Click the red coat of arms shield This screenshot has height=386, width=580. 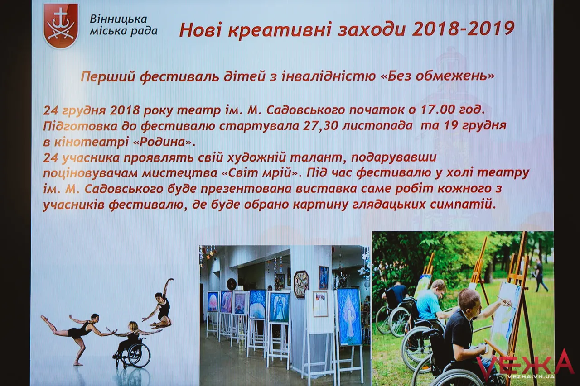point(61,25)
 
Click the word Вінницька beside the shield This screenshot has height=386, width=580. point(118,19)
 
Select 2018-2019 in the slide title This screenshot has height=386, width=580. point(463,29)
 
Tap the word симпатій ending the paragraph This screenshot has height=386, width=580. point(463,205)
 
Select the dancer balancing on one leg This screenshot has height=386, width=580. point(77,335)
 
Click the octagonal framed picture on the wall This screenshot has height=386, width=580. point(301,284)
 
